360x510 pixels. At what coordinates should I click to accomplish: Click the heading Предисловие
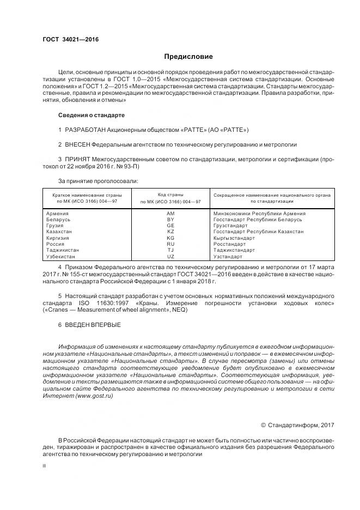[x=189, y=57]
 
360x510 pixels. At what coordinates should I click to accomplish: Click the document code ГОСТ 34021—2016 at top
[x=66, y=39]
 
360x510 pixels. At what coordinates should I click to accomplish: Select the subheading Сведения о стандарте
[x=91, y=116]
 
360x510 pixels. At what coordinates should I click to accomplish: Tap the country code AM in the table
[x=170, y=214]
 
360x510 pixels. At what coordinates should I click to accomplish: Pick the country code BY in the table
[x=170, y=220]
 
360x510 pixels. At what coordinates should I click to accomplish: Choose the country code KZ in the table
[x=170, y=232]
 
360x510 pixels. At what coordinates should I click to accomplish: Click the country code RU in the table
[x=170, y=244]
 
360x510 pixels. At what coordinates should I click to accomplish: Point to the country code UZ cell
[x=170, y=256]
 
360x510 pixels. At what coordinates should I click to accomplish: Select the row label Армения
[x=58, y=214]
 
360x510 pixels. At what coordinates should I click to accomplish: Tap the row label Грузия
[x=56, y=226]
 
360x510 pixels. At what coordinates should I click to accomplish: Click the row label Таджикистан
[x=63, y=250]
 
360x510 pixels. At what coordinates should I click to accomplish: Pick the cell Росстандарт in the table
[x=229, y=244]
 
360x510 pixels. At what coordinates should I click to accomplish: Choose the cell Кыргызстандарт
[x=234, y=238]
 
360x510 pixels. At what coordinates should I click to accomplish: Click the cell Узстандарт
[x=228, y=256]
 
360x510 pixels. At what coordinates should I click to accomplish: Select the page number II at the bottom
[x=45, y=466]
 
